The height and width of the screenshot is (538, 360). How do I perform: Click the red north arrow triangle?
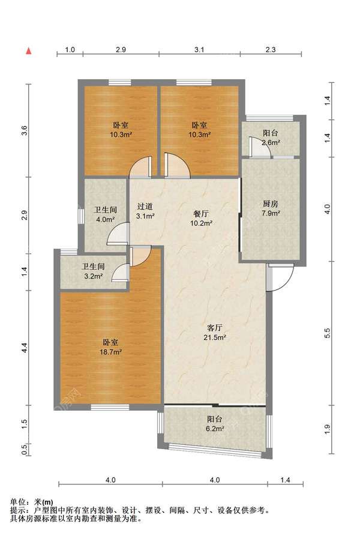(x=29, y=51)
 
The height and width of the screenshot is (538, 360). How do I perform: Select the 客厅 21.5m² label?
(x=215, y=333)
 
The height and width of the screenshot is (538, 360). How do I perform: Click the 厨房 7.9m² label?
(x=271, y=208)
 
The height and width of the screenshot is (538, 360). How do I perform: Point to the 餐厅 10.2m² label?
(x=201, y=218)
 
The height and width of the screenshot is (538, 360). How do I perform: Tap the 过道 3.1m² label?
(x=145, y=211)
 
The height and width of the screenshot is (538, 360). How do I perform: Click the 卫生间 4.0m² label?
(x=105, y=214)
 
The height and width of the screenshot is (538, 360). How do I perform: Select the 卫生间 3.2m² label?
(x=93, y=271)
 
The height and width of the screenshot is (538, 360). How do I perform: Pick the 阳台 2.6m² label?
(x=271, y=138)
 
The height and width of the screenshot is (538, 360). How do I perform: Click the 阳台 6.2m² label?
(x=215, y=423)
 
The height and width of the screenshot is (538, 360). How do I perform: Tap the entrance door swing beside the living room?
(x=280, y=277)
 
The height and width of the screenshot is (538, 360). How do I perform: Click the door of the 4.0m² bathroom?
(x=118, y=234)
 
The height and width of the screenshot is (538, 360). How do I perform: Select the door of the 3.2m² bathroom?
(x=121, y=273)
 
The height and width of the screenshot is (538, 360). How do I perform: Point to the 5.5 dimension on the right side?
(x=328, y=333)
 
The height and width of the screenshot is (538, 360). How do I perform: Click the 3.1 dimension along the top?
(x=199, y=49)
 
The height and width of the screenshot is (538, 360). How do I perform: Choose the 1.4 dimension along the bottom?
(x=285, y=480)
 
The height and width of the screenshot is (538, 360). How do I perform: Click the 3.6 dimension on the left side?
(x=24, y=130)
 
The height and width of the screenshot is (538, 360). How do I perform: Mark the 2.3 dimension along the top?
(x=271, y=49)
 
